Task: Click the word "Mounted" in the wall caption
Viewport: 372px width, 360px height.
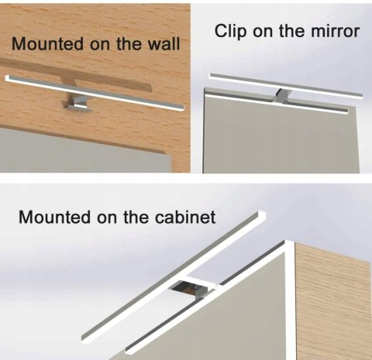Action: (49, 43)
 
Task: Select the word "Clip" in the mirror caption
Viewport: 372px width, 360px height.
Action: (231, 32)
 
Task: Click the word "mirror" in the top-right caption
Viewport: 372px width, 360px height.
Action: (336, 31)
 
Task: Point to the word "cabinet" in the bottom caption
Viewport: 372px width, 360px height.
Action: (185, 217)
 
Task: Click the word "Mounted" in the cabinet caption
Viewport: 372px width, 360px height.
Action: (55, 218)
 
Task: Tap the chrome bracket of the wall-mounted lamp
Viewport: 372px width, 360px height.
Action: (77, 103)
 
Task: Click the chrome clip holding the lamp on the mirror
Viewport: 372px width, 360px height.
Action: (281, 96)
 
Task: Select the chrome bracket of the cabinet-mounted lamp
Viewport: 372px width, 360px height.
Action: (191, 288)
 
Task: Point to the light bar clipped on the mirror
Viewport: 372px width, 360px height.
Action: (286, 85)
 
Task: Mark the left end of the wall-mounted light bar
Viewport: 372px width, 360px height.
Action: (7, 78)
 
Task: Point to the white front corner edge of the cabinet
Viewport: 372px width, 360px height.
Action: (291, 300)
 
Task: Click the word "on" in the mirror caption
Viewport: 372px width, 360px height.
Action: (263, 31)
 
